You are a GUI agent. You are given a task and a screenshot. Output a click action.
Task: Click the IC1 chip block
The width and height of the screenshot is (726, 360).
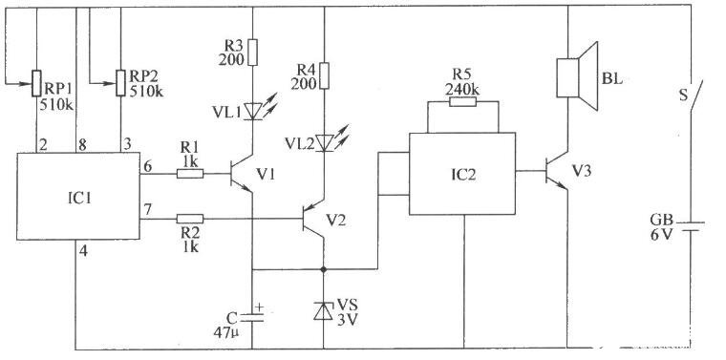(78, 196)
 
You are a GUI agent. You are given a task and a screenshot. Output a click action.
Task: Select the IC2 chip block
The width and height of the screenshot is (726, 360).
(462, 174)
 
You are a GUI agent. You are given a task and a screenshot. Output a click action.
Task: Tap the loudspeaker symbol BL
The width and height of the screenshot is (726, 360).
(577, 76)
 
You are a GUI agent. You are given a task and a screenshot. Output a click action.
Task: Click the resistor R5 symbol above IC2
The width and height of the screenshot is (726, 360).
(462, 102)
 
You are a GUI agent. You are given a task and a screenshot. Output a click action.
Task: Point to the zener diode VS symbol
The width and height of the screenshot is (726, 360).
(323, 310)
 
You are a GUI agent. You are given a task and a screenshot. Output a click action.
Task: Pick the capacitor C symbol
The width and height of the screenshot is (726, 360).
(252, 316)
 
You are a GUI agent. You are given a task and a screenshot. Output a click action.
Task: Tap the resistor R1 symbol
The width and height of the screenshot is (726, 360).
(190, 174)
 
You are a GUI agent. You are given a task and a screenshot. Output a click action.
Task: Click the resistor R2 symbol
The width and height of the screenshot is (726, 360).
(190, 219)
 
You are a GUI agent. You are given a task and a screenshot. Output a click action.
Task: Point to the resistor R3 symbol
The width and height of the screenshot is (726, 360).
(253, 53)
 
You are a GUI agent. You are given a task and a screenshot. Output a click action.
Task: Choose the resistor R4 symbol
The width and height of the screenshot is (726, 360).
(324, 75)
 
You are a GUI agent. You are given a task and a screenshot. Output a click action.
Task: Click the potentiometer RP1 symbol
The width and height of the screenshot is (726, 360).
(36, 83)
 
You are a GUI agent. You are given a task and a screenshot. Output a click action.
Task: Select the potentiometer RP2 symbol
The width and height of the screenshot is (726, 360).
(120, 83)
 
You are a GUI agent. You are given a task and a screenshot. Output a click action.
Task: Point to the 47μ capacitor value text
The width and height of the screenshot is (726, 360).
(226, 332)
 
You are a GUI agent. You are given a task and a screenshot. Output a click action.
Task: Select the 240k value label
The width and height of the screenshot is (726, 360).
(461, 90)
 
